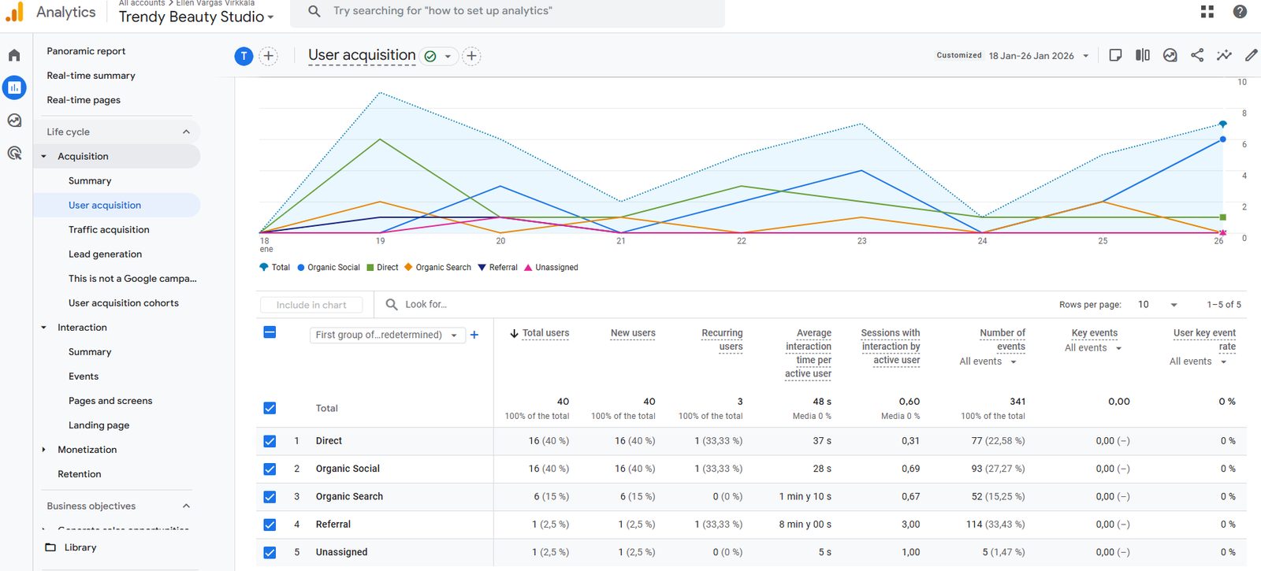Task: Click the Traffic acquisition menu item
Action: [109, 229]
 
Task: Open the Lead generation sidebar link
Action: [105, 254]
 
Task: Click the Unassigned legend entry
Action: [556, 268]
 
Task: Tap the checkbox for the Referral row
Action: [270, 525]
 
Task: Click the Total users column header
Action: [545, 333]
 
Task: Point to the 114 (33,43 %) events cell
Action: [995, 525]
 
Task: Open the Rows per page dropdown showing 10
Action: [1157, 305]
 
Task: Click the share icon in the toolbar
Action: [1196, 55]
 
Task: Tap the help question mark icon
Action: [1240, 12]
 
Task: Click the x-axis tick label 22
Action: [741, 241]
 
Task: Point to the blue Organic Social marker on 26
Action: [1222, 139]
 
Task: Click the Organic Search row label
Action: [349, 497]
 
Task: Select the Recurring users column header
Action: [722, 339]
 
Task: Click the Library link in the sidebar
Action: [80, 547]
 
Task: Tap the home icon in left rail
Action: [14, 55]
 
